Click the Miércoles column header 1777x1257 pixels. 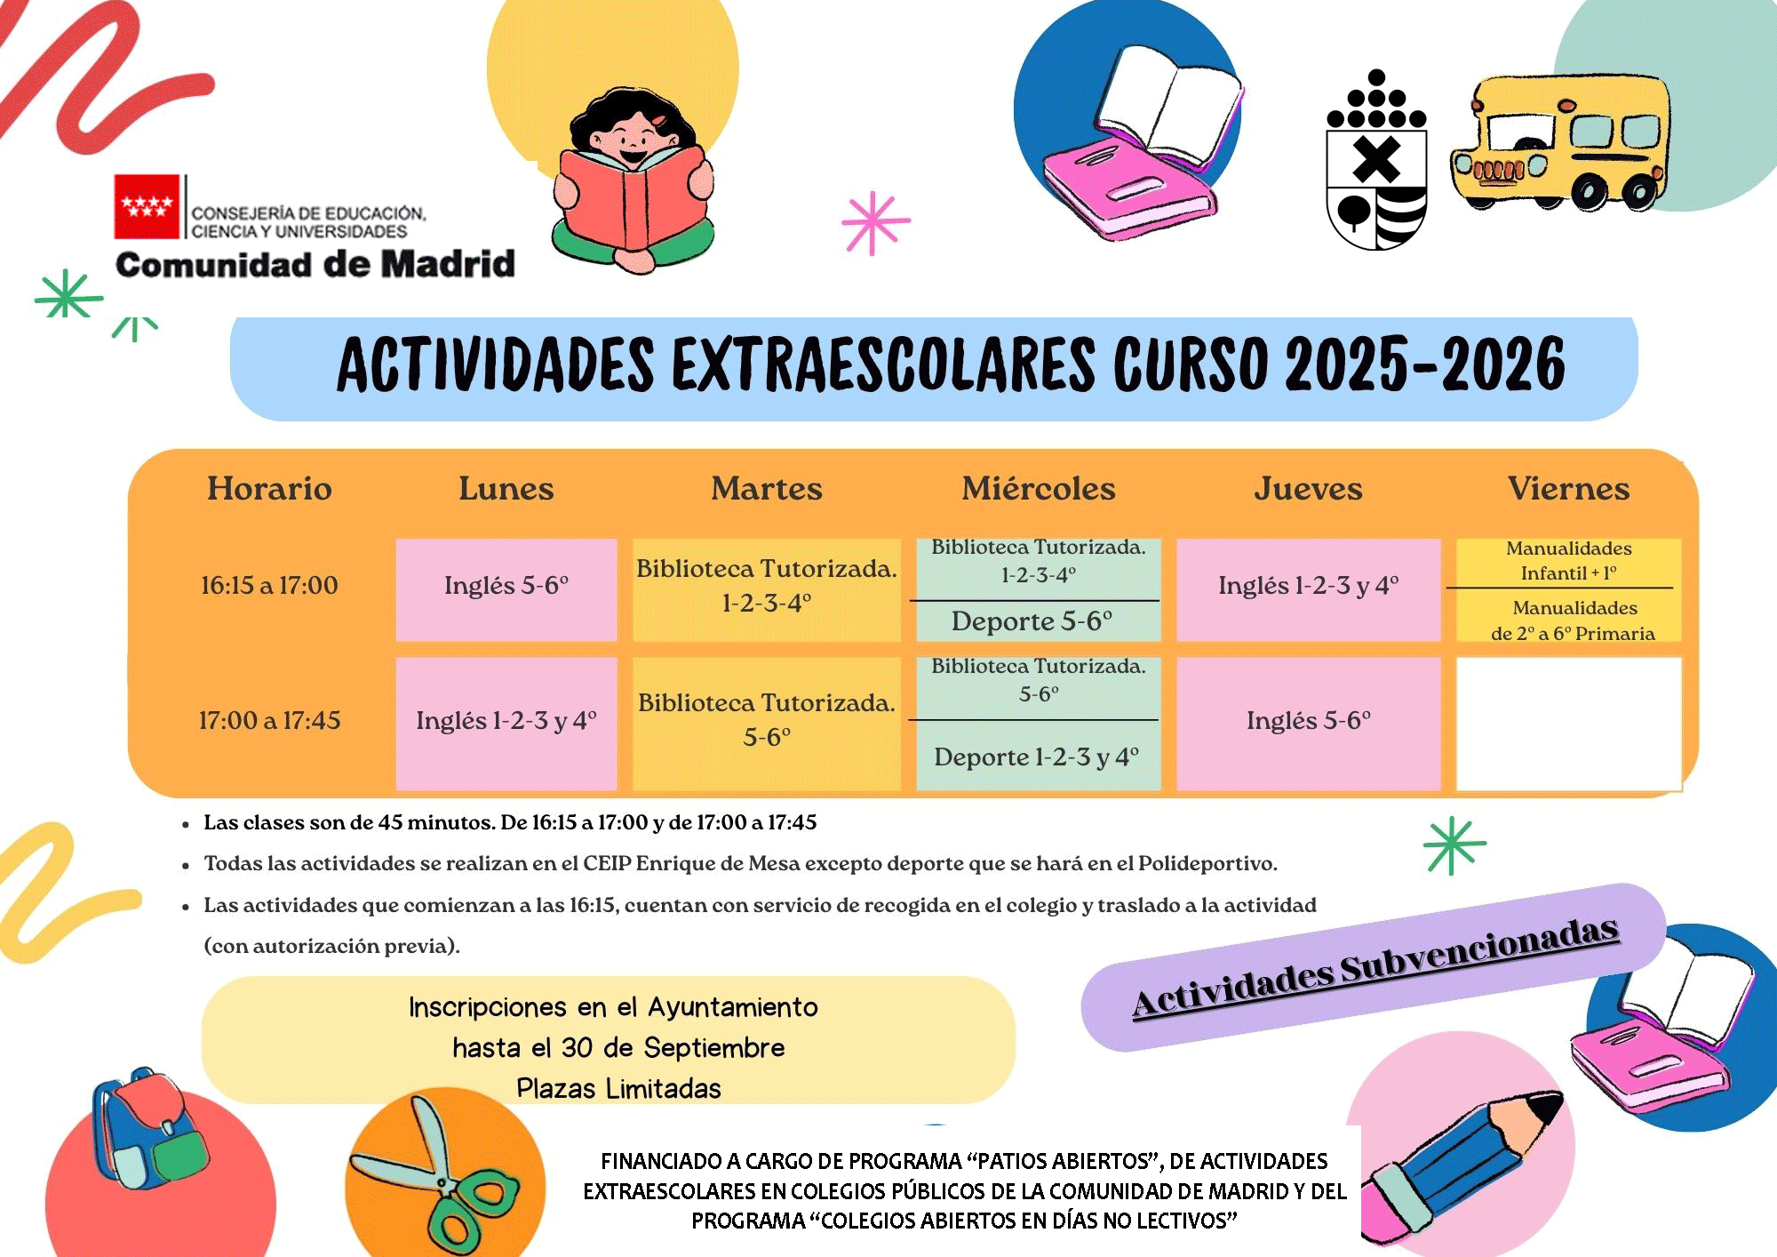[x=1038, y=489]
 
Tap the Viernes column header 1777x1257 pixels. [x=1568, y=489]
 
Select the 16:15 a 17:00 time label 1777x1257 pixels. [x=269, y=585]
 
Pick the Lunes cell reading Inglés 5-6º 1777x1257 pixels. [x=506, y=586]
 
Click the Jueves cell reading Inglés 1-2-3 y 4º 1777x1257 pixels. [x=1308, y=586]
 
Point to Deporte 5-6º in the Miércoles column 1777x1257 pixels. [x=1032, y=620]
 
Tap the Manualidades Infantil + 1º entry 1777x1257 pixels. [x=1568, y=561]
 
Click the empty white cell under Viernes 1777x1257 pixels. [x=1568, y=723]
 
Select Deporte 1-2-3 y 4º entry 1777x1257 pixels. [x=1036, y=757]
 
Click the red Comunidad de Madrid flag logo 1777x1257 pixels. [x=147, y=206]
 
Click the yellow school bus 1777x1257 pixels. [x=1559, y=142]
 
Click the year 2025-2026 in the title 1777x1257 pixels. [x=1424, y=365]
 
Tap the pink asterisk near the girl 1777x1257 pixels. [x=874, y=222]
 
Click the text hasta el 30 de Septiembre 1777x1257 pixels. [x=618, y=1048]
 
